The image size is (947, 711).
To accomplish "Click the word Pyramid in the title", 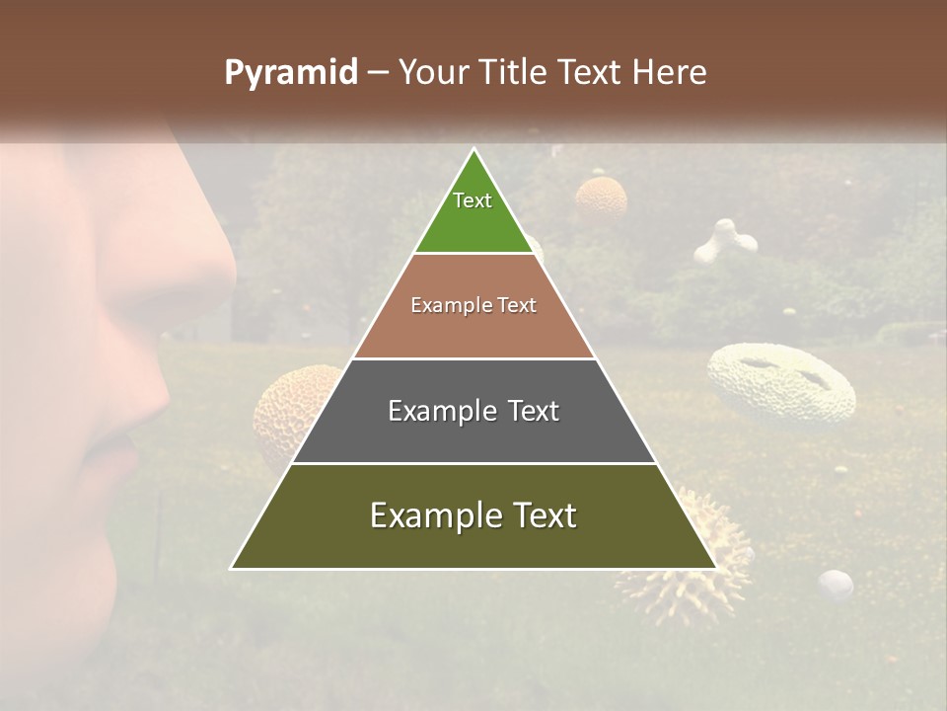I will click(290, 73).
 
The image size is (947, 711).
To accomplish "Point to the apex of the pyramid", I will click(473, 151).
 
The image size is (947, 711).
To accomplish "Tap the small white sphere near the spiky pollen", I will click(837, 585).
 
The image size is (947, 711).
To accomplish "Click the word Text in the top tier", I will click(473, 200).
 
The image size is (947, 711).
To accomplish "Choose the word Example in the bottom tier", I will click(429, 515).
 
